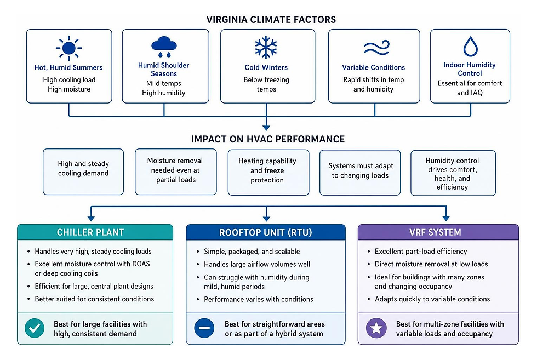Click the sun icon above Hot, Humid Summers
[x=69, y=48]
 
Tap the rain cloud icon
[x=164, y=47]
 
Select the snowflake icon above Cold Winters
[x=266, y=47]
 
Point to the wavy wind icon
[x=376, y=48]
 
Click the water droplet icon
[x=471, y=47]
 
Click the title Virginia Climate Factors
[x=271, y=20]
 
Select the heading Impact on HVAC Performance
[x=268, y=139]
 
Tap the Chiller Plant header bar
[x=95, y=232]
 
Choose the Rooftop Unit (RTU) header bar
[x=266, y=232]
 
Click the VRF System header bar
[x=438, y=232]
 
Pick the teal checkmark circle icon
[x=35, y=328]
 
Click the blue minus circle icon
[x=204, y=328]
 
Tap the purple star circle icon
[x=376, y=328]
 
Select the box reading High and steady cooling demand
[x=83, y=172]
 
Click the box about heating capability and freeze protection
[x=268, y=172]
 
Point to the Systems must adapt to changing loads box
[x=360, y=172]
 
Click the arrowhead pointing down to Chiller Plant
[x=91, y=218]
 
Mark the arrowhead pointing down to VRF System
[x=446, y=218]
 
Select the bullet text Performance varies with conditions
[x=259, y=299]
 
